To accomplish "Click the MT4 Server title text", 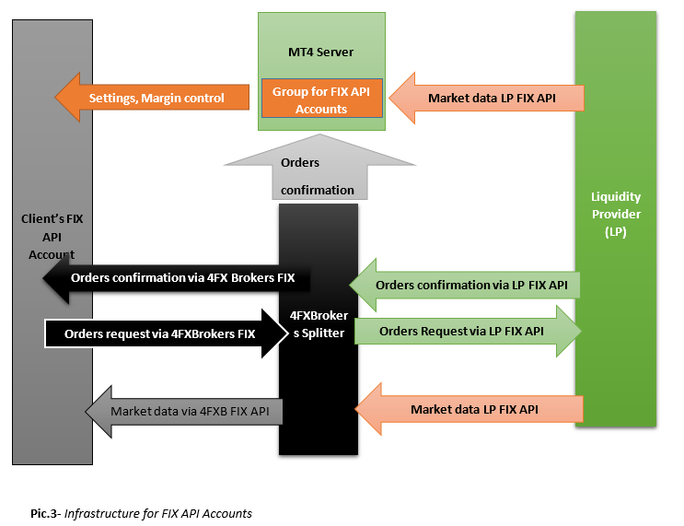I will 320,52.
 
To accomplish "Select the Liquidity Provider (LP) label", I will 616,215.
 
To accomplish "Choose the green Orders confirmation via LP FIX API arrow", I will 470,286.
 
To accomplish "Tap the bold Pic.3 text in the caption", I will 44,513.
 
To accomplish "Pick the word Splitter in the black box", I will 325,333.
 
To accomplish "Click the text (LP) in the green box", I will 616,231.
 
